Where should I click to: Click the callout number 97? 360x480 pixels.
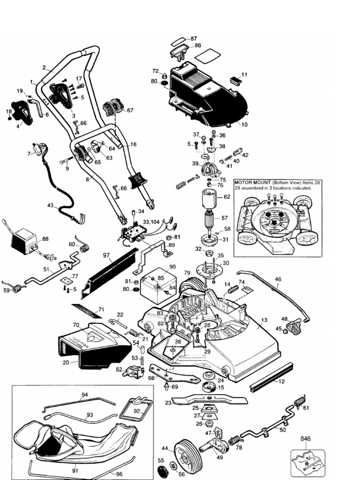pyautogui.click(x=106, y=255)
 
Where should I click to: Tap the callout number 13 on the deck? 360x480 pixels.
pyautogui.click(x=264, y=320)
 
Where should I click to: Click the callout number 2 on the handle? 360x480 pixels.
pyautogui.click(x=44, y=67)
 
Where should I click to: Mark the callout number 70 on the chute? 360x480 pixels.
pyautogui.click(x=75, y=324)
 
